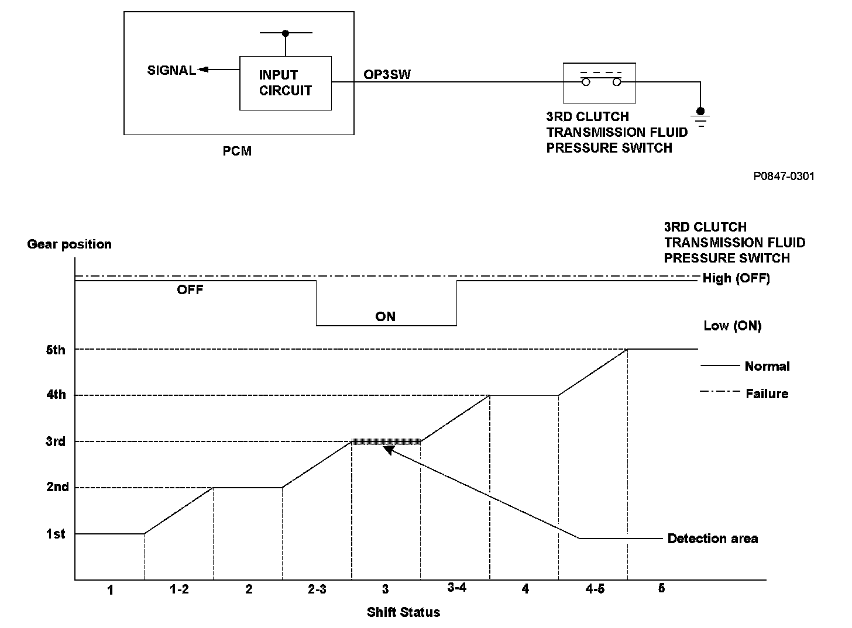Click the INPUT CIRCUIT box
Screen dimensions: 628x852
[286, 83]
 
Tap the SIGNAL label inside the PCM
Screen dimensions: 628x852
[171, 71]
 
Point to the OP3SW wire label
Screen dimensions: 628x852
[387, 75]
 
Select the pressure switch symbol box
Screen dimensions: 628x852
[599, 82]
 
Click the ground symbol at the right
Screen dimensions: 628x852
[700, 117]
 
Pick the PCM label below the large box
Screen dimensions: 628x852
[237, 151]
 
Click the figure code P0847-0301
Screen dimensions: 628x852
[784, 176]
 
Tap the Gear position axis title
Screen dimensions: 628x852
[69, 244]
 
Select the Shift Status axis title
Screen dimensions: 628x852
[403, 612]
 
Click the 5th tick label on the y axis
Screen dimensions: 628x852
[56, 350]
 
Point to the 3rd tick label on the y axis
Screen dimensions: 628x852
[56, 441]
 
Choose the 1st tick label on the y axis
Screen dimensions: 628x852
[56, 534]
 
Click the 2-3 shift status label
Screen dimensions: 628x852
[317, 589]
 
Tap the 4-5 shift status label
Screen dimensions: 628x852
[595, 589]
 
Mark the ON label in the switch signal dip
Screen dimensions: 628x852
[386, 316]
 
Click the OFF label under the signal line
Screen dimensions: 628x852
[190, 289]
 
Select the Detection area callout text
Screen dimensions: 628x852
[712, 539]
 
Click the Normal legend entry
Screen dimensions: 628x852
[767, 367]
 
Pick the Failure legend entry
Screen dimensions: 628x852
[767, 394]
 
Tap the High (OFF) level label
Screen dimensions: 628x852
[736, 278]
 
